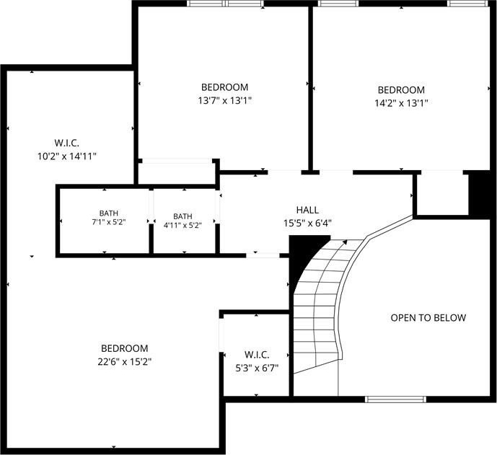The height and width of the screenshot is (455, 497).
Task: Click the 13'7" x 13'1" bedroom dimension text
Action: tap(225, 101)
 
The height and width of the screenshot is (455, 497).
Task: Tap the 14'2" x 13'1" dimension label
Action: tap(401, 103)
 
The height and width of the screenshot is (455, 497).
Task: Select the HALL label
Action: tap(307, 210)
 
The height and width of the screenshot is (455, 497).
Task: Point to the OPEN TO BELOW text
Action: tap(428, 318)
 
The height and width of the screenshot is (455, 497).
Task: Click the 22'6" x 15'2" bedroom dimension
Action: tap(125, 361)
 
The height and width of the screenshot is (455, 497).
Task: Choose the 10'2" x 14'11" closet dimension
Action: tap(67, 156)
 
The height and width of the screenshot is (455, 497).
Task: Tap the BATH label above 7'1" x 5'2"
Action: tap(109, 213)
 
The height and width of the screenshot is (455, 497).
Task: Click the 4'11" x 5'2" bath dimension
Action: tap(182, 226)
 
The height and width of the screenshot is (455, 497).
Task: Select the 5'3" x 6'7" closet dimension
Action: tap(257, 368)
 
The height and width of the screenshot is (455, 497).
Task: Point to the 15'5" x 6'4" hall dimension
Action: tap(307, 223)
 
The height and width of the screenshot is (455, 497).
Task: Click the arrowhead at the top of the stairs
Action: tap(345, 242)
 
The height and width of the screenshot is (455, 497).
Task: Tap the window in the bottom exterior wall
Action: tap(395, 399)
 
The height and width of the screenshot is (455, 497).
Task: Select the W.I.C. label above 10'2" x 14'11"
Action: tap(67, 143)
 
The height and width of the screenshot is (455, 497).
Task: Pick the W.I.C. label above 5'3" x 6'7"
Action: tap(257, 355)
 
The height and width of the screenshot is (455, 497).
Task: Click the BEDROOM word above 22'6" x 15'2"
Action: tap(125, 348)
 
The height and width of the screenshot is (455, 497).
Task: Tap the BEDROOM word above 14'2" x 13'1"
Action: tap(401, 90)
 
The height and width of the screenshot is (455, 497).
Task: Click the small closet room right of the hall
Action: tap(442, 194)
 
